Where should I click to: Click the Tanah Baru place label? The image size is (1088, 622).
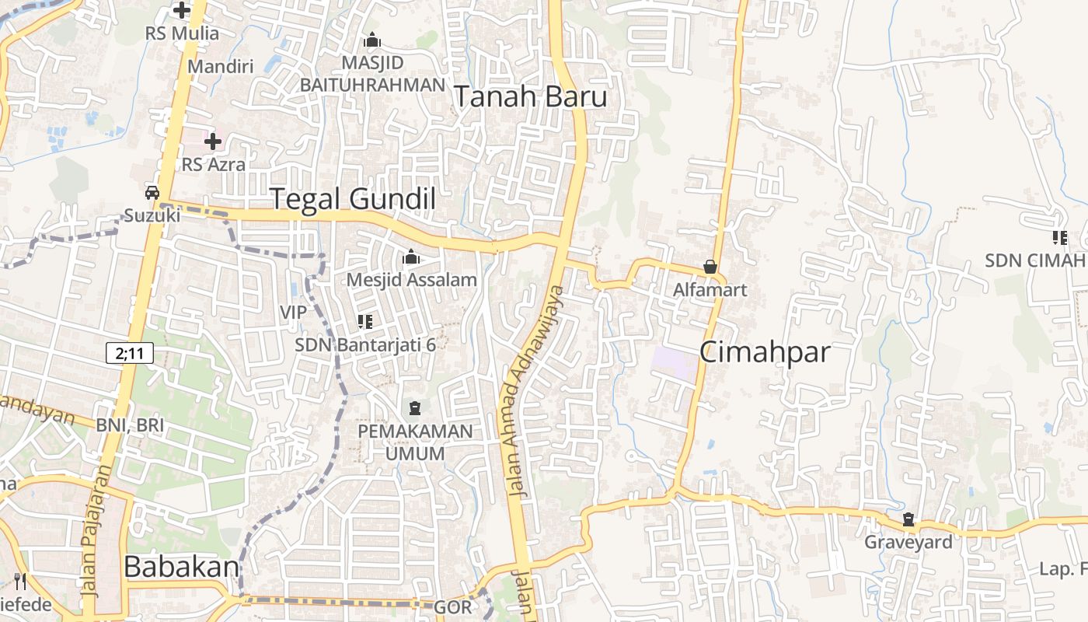pos(530,97)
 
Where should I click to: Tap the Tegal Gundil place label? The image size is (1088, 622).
pos(352,199)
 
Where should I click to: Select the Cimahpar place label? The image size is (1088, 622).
pos(765,352)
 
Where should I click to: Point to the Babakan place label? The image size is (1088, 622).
pos(180,567)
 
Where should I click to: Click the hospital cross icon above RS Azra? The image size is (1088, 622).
pos(212,142)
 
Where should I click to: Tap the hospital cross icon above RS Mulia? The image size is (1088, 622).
pos(182,10)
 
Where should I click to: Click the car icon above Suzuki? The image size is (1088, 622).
pos(152,193)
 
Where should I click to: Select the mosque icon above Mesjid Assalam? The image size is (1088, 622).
pos(411,257)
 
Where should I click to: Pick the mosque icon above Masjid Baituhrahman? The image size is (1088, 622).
pos(372,40)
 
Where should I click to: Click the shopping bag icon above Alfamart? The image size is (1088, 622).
pos(710,267)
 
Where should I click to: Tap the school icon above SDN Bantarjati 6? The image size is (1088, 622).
pos(364,321)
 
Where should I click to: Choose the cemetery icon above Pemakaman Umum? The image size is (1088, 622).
pos(415,408)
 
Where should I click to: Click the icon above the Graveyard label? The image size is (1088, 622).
pos(908,519)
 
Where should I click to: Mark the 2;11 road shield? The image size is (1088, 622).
pos(130,354)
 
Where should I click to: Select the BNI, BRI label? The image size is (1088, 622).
pos(130,425)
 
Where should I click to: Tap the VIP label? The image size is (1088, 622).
pos(293,312)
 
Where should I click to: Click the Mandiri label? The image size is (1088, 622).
pos(221,66)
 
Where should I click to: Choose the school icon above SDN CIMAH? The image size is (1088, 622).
pos(1059,238)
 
